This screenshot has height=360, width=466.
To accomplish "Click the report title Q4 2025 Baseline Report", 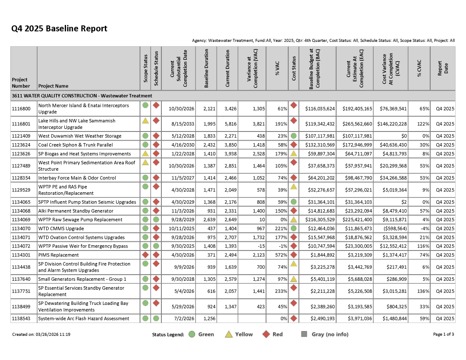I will pos(59,29).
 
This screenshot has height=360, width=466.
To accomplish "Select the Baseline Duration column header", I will pos(206,69).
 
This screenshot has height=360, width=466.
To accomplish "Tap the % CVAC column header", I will pos(419,69).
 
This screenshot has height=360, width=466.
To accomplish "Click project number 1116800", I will pos(21,109).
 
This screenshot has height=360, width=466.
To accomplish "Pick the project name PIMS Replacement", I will pos(59,255).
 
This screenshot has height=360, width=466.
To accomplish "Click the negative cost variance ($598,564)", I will pos(393,229).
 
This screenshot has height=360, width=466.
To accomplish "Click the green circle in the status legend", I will pos(192,334).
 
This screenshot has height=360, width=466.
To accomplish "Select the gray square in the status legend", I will pos(304,334).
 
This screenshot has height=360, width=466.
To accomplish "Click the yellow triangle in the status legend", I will pos(229,334).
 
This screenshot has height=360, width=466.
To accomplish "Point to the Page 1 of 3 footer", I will pos(444,334).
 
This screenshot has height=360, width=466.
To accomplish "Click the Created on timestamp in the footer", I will pos(41,334).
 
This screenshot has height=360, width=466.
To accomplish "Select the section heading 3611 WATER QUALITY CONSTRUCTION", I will pos(82,96).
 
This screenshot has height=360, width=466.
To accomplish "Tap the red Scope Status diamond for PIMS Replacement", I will pos(146,254).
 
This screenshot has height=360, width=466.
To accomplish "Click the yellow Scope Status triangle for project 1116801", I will pos(146,121).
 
